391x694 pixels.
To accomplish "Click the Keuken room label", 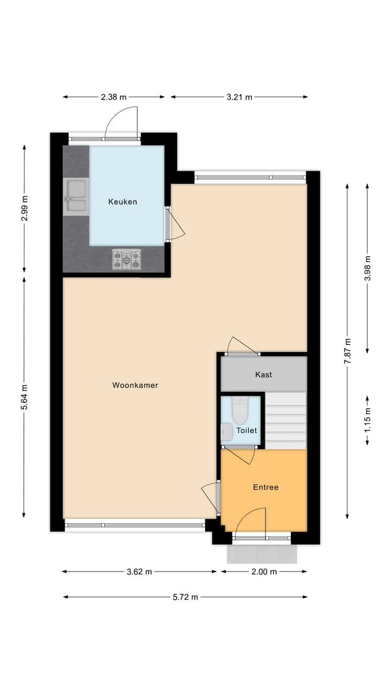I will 122,202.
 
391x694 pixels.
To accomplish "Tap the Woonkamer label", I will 135,385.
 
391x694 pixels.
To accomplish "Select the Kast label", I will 263,374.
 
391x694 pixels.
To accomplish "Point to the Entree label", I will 266,487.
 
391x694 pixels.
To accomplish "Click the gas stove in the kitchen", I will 127,260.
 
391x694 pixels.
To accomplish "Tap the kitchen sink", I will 75,195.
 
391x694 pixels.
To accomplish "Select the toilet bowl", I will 239,410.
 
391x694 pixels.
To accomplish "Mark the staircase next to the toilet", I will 286,421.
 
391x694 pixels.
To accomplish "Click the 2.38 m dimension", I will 113,97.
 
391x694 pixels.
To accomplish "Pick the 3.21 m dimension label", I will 239,97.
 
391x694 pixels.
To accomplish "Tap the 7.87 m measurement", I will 348,351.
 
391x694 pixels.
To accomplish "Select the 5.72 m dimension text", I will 185,597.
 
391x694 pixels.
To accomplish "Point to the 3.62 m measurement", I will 139,571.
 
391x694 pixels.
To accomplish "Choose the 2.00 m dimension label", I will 264,571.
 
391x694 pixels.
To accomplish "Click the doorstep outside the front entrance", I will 262,554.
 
